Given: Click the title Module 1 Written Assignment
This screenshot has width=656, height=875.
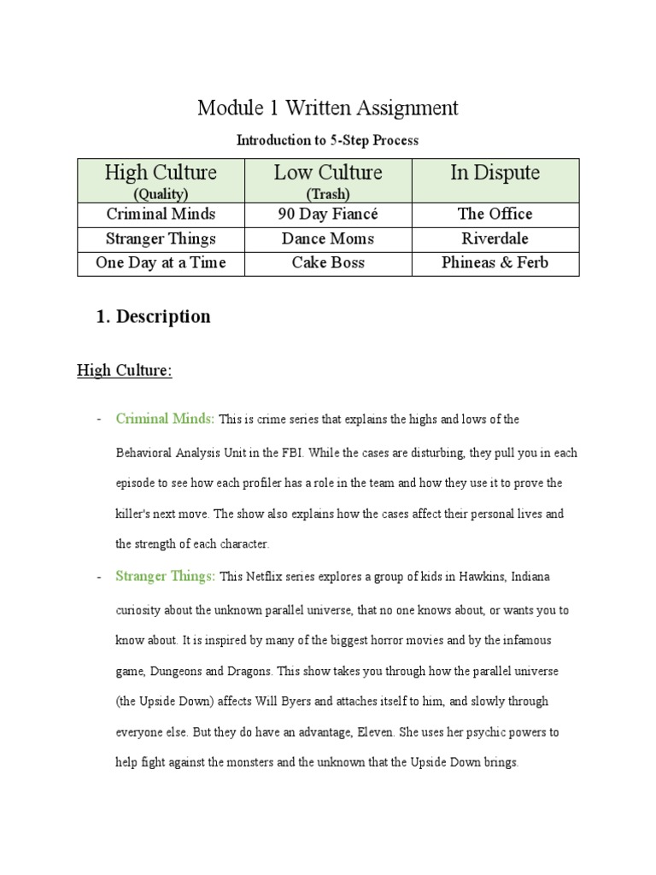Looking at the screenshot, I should tap(328, 109).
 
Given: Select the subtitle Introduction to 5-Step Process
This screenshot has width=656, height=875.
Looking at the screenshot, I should tap(327, 139).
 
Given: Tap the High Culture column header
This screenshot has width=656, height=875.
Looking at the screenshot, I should tap(161, 173).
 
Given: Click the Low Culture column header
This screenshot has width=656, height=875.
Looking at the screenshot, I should tap(328, 173).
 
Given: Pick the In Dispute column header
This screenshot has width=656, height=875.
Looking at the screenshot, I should tap(495, 173).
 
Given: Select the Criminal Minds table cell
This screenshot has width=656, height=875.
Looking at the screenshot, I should tap(161, 214).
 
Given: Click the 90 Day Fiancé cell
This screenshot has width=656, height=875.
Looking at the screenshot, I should tap(328, 214).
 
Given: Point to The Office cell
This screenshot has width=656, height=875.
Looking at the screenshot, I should tap(495, 214).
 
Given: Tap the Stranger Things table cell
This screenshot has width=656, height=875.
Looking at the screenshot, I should tap(161, 238).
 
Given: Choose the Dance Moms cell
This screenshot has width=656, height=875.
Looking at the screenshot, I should tap(328, 238).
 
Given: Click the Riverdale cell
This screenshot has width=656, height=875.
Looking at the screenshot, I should tap(495, 238).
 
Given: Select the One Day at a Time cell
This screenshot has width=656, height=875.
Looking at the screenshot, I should tap(161, 263).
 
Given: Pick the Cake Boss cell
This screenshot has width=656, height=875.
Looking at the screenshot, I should tap(328, 263).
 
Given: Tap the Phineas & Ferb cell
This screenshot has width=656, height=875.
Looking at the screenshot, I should tap(495, 263).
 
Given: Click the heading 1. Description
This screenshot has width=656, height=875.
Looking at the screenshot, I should tap(153, 316).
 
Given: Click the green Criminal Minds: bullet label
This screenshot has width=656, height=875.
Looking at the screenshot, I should tap(165, 419).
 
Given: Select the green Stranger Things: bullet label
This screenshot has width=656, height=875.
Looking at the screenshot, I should tap(165, 576).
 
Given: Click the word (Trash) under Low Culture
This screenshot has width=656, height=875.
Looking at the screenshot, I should tap(328, 194).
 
